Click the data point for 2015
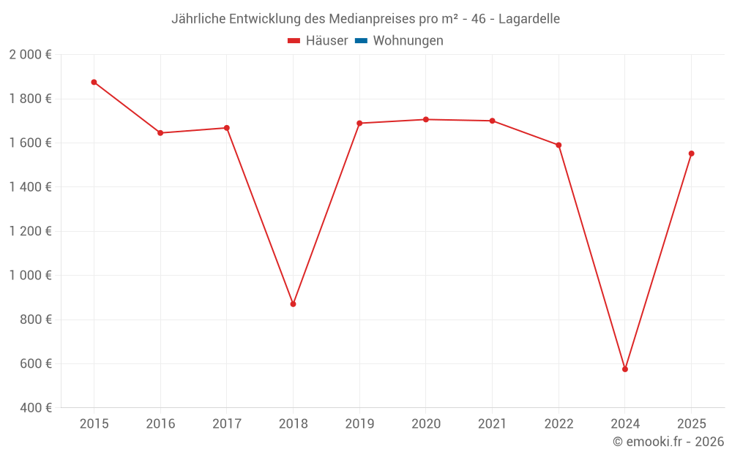coord(94,82)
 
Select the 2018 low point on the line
coord(293,303)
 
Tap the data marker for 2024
coord(625,369)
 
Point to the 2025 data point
coord(691,154)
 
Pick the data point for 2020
coord(426,119)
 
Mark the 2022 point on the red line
coord(559,145)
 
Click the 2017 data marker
coord(227,128)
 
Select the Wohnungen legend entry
coord(408,41)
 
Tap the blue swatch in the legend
coord(361,41)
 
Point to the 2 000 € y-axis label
coord(30,55)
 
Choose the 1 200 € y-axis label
coord(30,231)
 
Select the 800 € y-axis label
coord(35,320)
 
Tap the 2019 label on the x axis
coord(359,424)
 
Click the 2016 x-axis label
coord(160,424)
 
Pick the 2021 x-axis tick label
coord(492,424)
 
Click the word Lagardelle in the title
coord(529,19)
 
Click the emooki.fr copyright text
coord(668,442)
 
